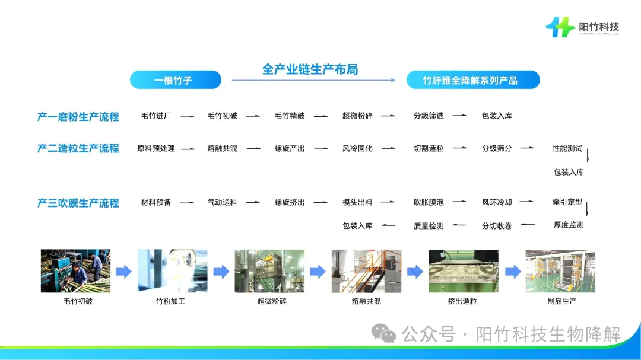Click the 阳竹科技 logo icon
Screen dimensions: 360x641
560,27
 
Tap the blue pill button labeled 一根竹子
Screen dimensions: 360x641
175,80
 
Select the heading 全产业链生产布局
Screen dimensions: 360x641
310,69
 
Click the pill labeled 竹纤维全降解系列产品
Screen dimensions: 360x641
472,80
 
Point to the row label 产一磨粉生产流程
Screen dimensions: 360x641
78,117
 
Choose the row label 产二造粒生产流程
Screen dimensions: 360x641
78,148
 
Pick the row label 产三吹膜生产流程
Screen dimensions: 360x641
78,203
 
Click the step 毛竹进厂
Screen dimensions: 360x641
156,116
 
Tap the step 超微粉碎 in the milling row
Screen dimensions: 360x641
357,116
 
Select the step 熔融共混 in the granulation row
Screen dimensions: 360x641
222,148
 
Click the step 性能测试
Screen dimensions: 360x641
567,148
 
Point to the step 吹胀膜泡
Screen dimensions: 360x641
429,202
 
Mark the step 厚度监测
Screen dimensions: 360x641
569,225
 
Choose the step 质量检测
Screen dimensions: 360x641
429,226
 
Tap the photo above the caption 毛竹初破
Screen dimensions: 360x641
75,271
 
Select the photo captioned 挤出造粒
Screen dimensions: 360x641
463,271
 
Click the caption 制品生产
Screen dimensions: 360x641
562,301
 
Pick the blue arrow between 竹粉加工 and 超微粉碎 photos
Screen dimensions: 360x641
221,272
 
